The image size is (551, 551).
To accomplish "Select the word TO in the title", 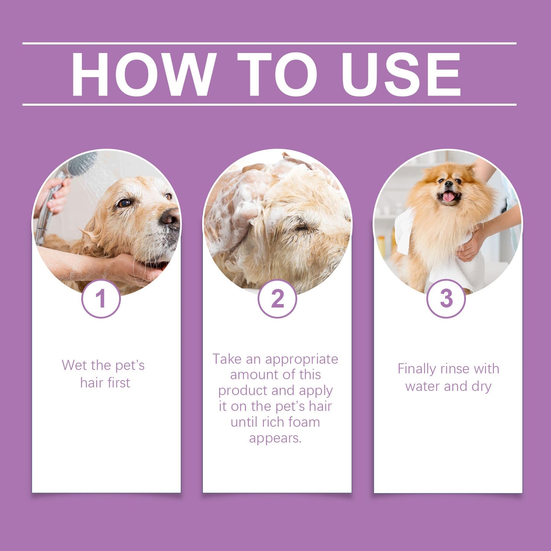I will click(277, 74).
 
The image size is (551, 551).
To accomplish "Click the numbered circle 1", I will click(101, 299).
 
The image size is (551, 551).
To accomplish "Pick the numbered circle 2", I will click(277, 299).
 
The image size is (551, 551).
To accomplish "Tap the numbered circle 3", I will click(446, 299).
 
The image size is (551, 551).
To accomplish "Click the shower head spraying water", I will click(82, 163).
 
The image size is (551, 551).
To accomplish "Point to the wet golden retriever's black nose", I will click(170, 218).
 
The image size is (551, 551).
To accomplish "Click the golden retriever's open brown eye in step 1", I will click(124, 203).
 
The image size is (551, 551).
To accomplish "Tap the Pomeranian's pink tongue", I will click(448, 197).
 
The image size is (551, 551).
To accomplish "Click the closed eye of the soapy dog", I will click(303, 228).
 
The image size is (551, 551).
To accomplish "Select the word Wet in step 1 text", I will click(75, 365).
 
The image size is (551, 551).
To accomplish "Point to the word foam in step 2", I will click(304, 422).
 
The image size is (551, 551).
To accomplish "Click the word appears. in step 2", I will click(275, 438).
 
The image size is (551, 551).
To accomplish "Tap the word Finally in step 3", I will click(416, 369).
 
